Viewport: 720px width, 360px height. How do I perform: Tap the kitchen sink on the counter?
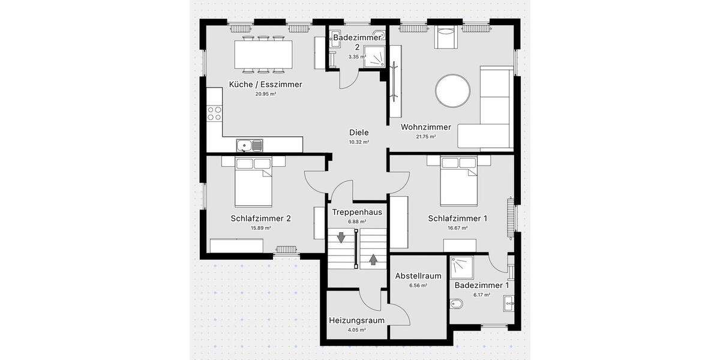coord(249,145)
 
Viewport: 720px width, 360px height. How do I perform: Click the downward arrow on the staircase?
coord(341,238)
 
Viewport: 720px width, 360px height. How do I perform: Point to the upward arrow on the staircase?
coord(373,259)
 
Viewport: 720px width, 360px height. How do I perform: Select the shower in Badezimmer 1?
coord(463,268)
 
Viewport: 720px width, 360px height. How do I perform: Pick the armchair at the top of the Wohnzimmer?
coord(445,38)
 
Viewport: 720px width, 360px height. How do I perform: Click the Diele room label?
coord(359,133)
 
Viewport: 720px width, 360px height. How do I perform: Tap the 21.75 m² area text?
coord(426,137)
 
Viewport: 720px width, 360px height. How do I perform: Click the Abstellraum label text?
coord(418,276)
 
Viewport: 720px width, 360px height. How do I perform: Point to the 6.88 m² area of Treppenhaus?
coord(356,221)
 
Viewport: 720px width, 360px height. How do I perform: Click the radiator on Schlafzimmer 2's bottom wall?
coord(287,250)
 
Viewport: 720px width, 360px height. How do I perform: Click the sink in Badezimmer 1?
coord(509,303)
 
